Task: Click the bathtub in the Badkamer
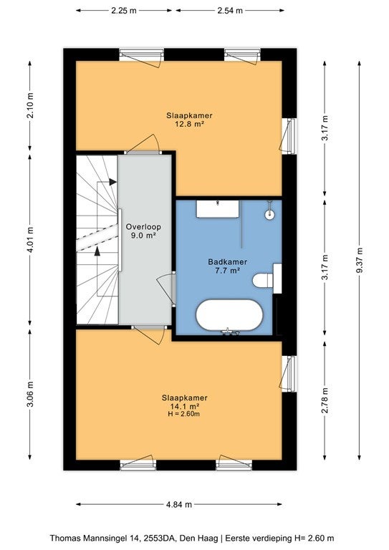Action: point(229,315)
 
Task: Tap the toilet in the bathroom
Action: point(267,279)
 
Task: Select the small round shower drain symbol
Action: point(270,215)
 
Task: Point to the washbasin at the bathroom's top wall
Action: point(218,208)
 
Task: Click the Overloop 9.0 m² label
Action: point(143,231)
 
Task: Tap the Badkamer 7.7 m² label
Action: point(227,266)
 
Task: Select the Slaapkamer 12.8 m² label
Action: point(189,120)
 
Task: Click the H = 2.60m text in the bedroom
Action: point(184,414)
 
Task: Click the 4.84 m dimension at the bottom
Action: point(179,504)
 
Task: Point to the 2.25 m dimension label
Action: point(124,11)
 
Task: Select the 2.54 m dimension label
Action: point(230,11)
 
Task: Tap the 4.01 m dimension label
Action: point(31,240)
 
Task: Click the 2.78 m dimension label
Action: point(325,400)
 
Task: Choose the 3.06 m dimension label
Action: point(31,395)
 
